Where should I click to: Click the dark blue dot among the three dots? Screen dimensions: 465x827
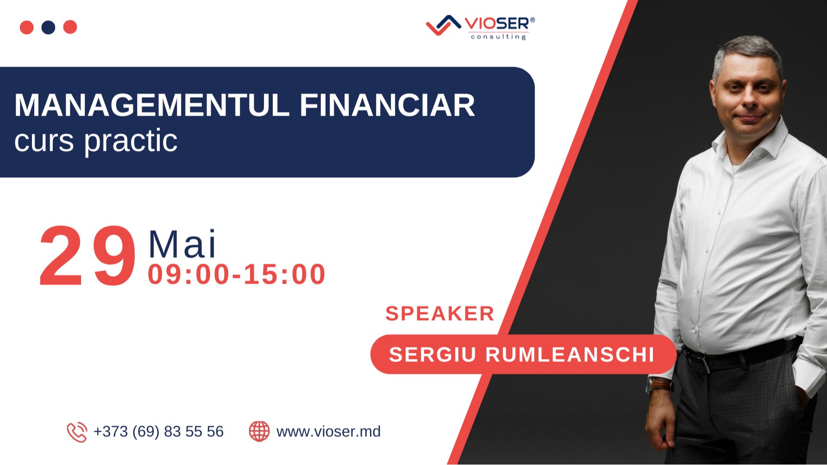point(48,27)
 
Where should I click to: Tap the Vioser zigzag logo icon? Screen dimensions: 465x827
point(443,25)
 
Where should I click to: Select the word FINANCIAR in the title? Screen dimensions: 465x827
point(387,105)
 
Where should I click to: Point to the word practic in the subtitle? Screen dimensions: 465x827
point(131,141)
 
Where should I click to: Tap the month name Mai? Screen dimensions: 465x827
point(182,244)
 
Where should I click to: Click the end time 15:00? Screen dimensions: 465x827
point(285,274)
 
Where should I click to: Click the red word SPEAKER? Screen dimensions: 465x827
point(439,314)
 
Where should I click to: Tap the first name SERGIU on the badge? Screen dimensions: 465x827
point(432,355)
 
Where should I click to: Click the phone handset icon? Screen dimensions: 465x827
point(77,432)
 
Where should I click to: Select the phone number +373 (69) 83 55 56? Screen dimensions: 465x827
point(158,432)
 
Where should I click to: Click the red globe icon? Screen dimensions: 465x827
point(259,431)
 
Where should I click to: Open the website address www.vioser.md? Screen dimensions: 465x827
point(328,432)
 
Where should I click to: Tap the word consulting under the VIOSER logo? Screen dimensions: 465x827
point(498,37)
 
